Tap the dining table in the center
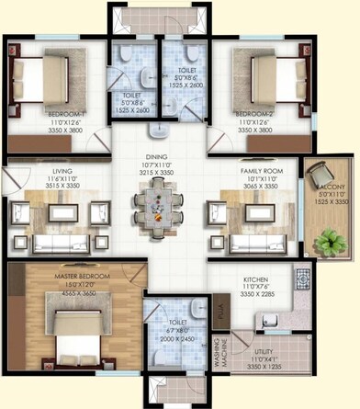(x=153, y=203)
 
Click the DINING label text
(x=154, y=155)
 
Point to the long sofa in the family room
(x=256, y=244)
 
